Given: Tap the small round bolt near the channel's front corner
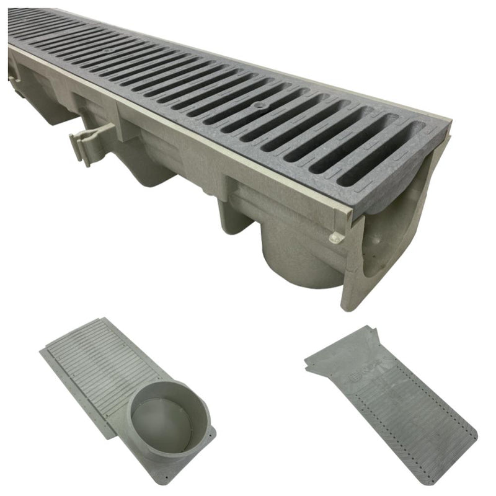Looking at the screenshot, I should (x=335, y=237).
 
